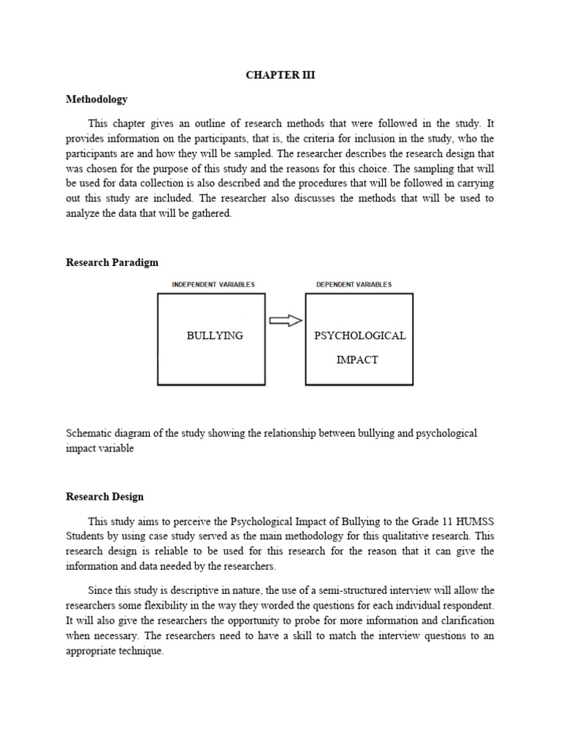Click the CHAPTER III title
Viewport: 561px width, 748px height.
pyautogui.click(x=280, y=75)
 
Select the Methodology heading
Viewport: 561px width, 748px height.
pyautogui.click(x=96, y=99)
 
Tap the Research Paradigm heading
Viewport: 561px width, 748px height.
pyautogui.click(x=112, y=262)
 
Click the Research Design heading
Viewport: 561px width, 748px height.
pyautogui.click(x=104, y=497)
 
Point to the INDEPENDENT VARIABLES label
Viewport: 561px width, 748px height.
pyautogui.click(x=213, y=285)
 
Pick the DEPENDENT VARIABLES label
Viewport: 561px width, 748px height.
pyautogui.click(x=354, y=285)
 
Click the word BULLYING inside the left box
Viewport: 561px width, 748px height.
pyautogui.click(x=215, y=336)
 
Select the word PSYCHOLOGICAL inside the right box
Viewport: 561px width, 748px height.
pyautogui.click(x=359, y=336)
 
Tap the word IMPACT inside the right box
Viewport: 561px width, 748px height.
pyautogui.click(x=357, y=360)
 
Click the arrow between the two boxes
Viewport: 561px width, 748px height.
pyautogui.click(x=286, y=321)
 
